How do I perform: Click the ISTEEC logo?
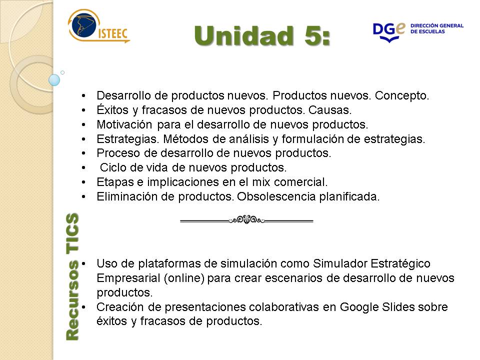[x=98, y=26]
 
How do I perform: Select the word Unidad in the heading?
[x=243, y=35]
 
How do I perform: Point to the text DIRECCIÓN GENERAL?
[x=437, y=25]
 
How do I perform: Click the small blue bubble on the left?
[x=54, y=80]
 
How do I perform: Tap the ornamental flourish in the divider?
[x=246, y=220]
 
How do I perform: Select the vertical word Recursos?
[x=72, y=300]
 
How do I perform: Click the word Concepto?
[x=401, y=96]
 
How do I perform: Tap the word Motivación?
[x=124, y=124]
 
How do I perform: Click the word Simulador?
[x=339, y=263]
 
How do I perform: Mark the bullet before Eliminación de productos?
[x=83, y=196]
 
